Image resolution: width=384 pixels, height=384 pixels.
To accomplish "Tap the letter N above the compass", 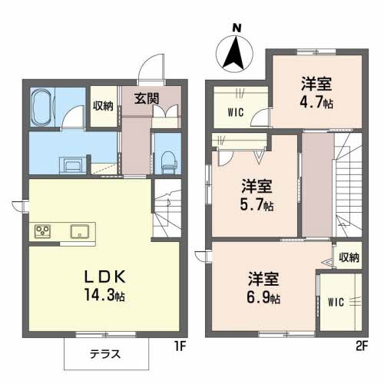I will point(237,29).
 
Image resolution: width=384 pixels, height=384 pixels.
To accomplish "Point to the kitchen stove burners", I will point(41,231).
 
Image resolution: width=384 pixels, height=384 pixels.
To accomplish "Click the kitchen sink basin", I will point(79,231).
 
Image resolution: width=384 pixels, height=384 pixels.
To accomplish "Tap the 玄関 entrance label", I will point(147,98).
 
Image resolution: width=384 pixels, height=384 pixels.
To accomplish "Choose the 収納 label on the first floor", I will point(103,107).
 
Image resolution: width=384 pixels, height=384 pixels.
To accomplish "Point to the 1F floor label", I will point(180,346).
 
